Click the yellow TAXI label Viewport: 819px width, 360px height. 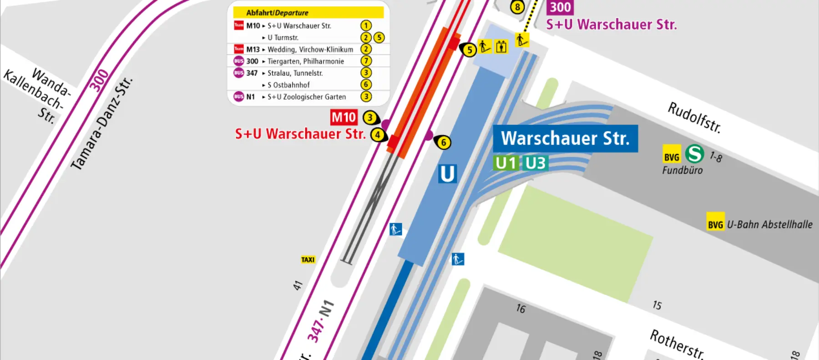(x=308, y=260)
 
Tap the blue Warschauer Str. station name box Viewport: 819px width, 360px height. (x=565, y=138)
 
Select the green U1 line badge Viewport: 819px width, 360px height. (x=506, y=163)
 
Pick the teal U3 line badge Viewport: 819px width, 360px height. (x=536, y=163)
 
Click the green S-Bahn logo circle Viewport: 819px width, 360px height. (x=694, y=154)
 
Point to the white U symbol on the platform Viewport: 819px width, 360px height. (x=447, y=174)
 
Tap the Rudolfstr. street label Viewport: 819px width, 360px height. (x=694, y=117)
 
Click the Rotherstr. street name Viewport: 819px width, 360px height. (x=677, y=344)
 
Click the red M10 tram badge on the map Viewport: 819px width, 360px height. (x=344, y=117)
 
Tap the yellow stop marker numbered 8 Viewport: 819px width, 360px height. (x=517, y=7)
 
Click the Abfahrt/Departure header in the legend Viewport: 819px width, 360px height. (x=277, y=13)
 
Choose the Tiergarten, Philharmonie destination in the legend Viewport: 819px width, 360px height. (x=305, y=61)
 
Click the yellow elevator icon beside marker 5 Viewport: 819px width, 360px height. (x=501, y=47)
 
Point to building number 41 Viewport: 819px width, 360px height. (x=298, y=285)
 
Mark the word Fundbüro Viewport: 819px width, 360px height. (x=682, y=170)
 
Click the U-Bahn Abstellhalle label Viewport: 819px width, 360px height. (x=769, y=224)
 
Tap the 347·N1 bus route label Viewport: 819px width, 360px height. (x=320, y=321)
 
